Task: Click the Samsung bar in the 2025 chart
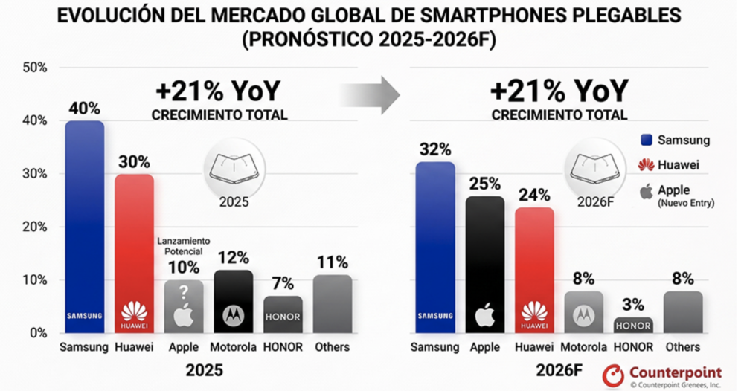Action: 85,227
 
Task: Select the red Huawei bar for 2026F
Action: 534,270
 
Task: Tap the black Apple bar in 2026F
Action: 485,265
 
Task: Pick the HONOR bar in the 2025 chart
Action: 283,314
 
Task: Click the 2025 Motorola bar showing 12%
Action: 234,301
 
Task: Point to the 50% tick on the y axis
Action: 35,68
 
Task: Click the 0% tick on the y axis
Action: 38,333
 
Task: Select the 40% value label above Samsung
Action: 85,109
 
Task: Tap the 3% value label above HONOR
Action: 633,305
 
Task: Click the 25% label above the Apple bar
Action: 485,184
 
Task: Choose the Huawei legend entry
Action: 669,165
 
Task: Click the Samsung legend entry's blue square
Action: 647,140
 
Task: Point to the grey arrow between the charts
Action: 370,95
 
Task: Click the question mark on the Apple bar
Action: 184,292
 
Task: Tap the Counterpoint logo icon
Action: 613,376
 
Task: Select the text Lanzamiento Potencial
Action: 184,247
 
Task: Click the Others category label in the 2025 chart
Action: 332,347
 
